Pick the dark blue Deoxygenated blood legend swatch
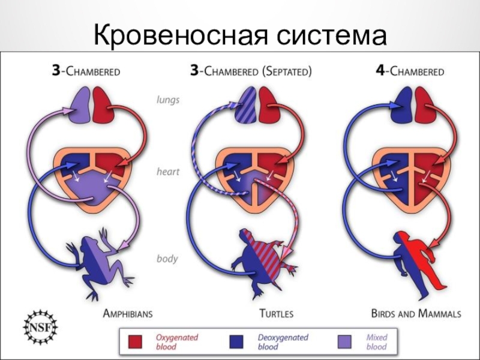[x=242, y=341]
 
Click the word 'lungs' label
[x=167, y=100]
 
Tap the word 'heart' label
[x=167, y=172]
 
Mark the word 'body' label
[x=167, y=259]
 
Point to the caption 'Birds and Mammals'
[x=416, y=313]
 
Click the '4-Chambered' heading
[x=410, y=71]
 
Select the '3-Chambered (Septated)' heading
[x=250, y=71]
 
